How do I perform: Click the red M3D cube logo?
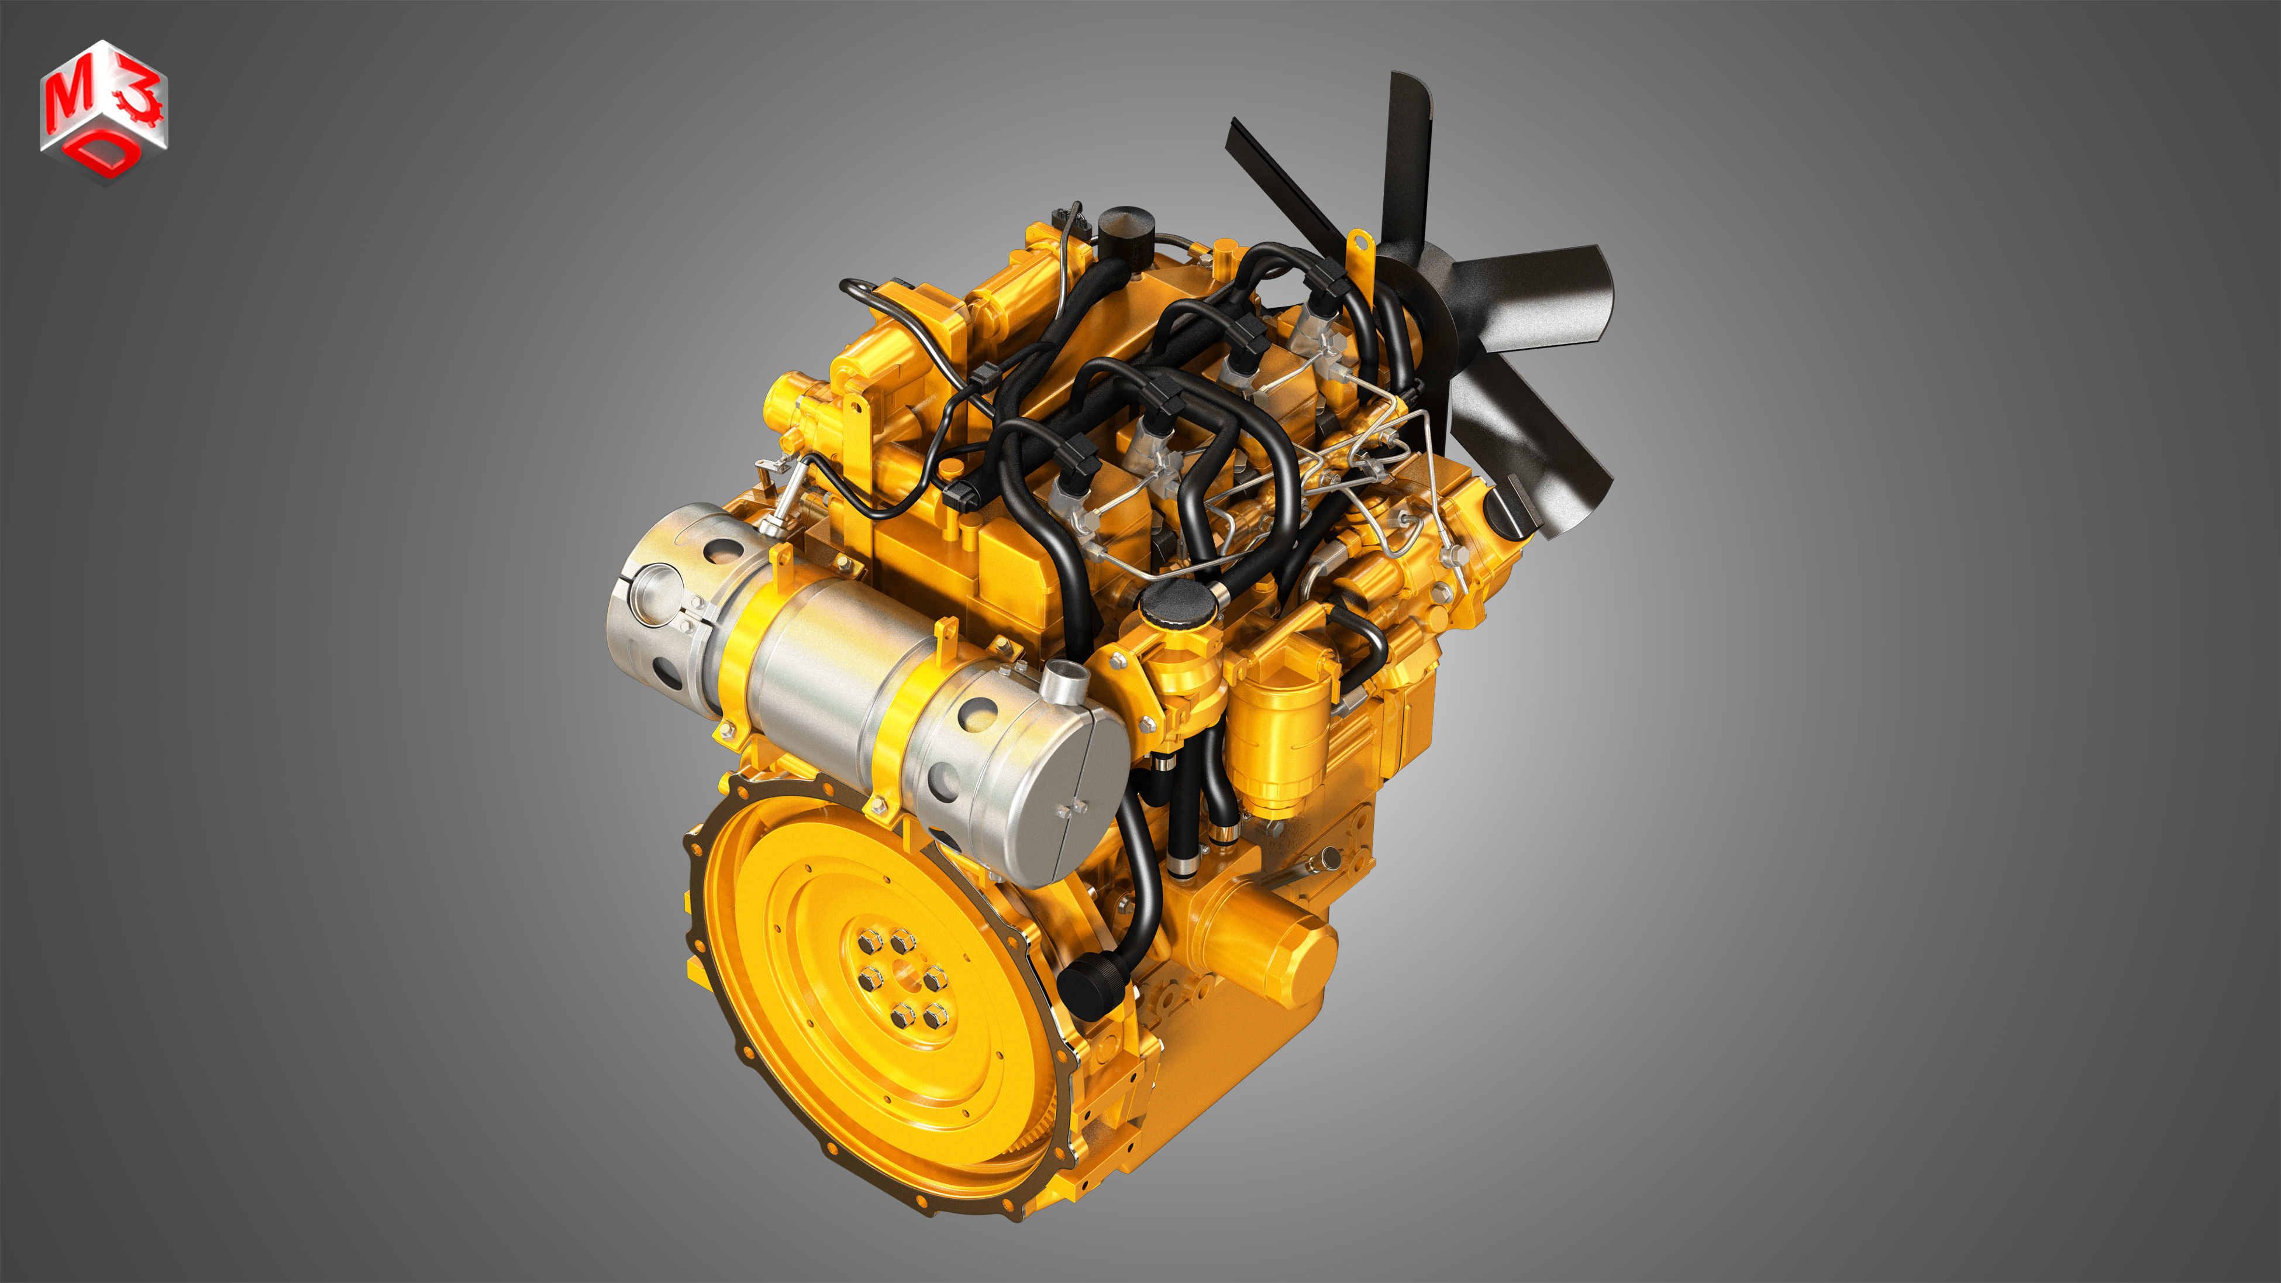[104, 111]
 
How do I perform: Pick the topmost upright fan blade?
[1410, 159]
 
